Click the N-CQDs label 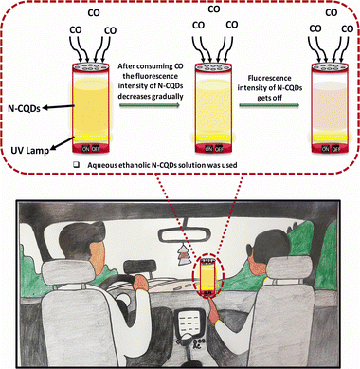(x=24, y=109)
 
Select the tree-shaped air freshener (x=182, y=254)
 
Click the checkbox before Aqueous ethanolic (x=76, y=165)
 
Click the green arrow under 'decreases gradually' (x=150, y=105)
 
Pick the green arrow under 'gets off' (x=269, y=105)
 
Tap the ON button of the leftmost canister (x=86, y=149)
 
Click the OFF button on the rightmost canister (x=335, y=149)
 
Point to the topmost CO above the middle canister (x=214, y=9)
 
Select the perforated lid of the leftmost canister (x=91, y=66)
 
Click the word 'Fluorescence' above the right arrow (x=269, y=79)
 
